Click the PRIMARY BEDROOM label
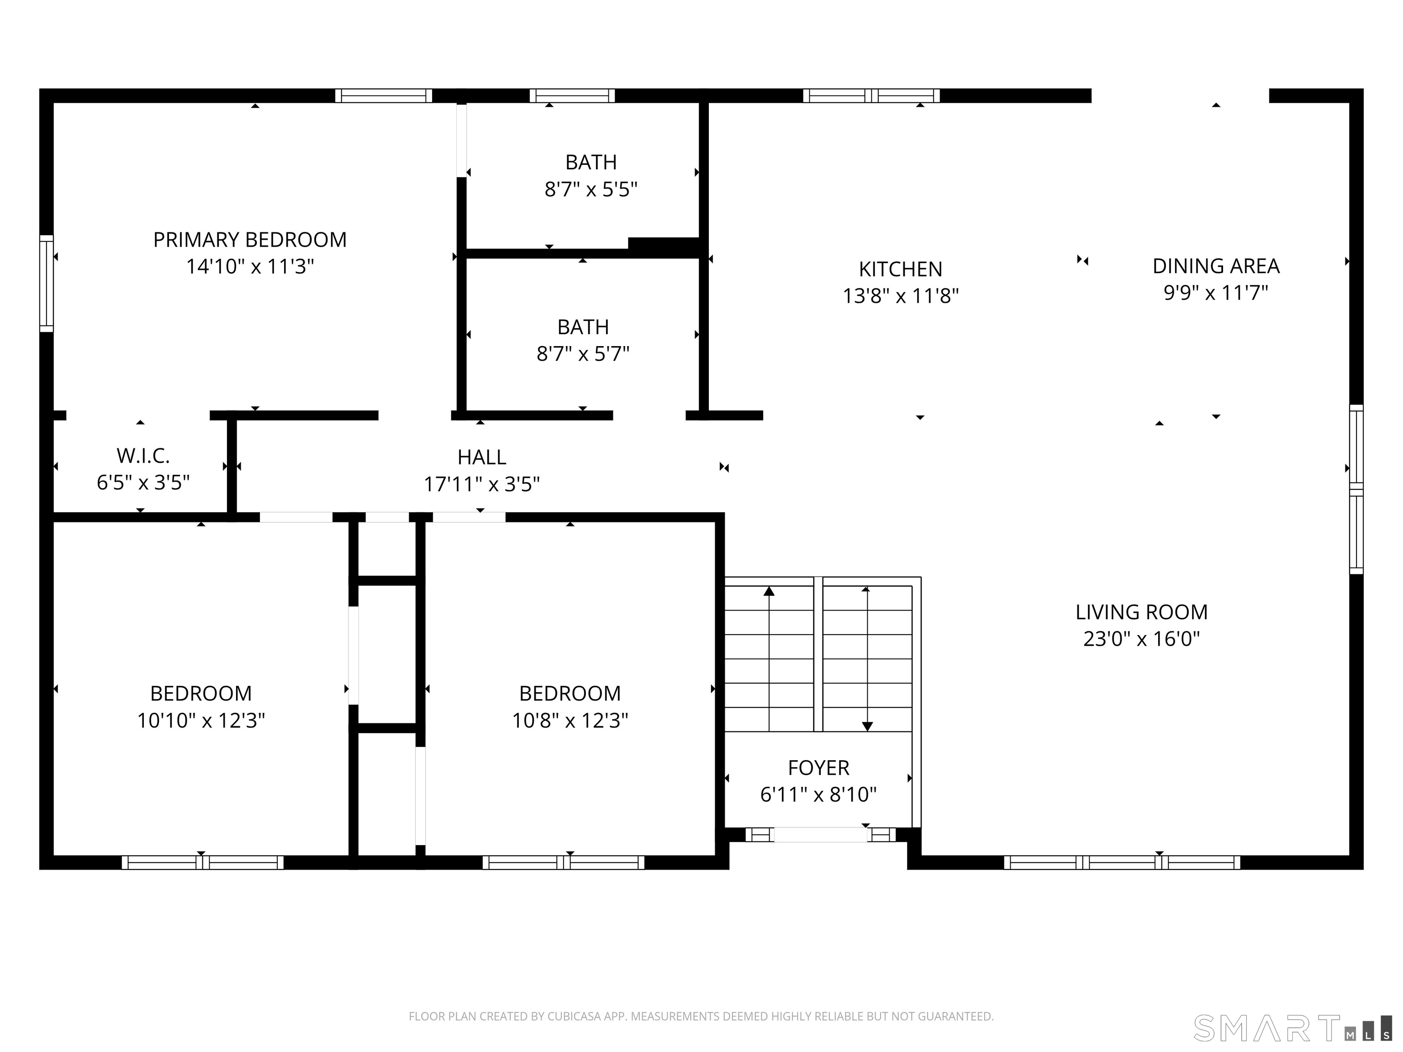pos(249,240)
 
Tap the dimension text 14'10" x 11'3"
pos(249,266)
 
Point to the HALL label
pos(481,457)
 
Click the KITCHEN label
pos(900,269)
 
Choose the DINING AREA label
pos(1215,266)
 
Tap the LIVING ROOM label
pos(1141,612)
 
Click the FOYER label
pos(818,768)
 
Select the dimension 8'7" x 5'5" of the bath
pos(591,189)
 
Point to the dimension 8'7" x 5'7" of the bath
pos(582,354)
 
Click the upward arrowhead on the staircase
pos(769,591)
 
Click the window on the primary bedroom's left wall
pos(46,284)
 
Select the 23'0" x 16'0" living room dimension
pos(1141,639)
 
